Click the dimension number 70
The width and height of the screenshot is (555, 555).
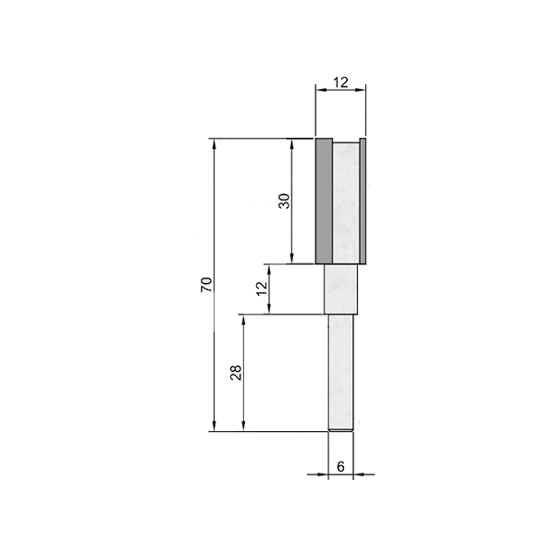click(206, 285)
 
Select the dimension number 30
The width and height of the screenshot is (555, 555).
click(284, 201)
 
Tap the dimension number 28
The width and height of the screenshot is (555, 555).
click(236, 373)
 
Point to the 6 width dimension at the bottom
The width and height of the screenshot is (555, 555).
click(340, 467)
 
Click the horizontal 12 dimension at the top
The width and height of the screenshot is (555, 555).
click(340, 82)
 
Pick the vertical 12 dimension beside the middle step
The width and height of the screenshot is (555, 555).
click(263, 289)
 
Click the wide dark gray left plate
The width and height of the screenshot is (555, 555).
click(324, 201)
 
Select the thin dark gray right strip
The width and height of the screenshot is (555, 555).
click(363, 201)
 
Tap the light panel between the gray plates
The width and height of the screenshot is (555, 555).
click(346, 203)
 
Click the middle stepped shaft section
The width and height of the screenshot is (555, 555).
click(341, 290)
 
